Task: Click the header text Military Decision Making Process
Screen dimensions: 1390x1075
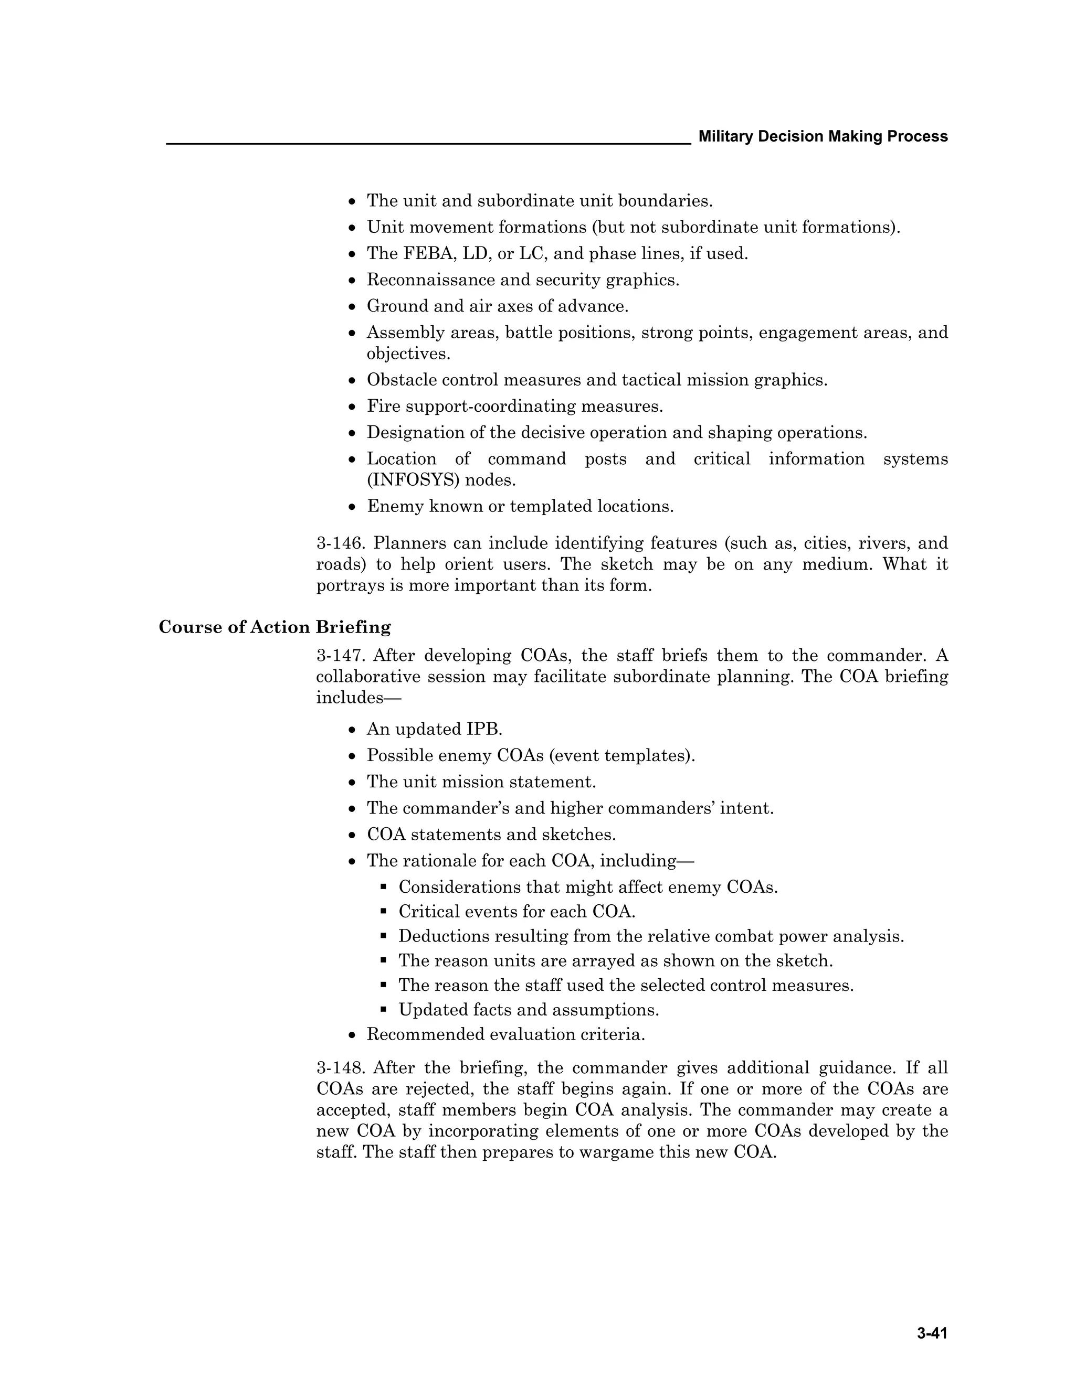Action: tap(823, 136)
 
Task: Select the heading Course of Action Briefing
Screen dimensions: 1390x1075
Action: tap(275, 627)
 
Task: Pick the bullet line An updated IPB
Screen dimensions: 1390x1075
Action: tap(434, 729)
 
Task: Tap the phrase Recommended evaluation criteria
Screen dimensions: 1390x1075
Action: tap(505, 1034)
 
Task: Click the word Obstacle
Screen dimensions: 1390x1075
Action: tap(401, 380)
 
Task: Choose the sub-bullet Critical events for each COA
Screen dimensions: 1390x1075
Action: tap(517, 912)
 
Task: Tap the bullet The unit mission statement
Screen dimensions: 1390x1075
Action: tap(481, 782)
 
